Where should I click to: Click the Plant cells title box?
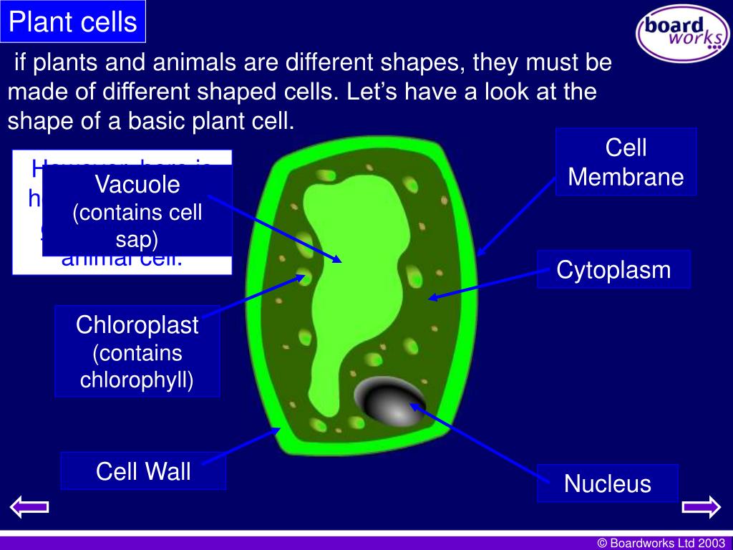pos(73,21)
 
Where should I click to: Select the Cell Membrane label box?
pos(626,162)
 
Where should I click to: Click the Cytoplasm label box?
pos(613,269)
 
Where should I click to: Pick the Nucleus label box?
pos(607,483)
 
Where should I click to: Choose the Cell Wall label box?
pos(143,471)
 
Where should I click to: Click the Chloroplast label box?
pos(137,352)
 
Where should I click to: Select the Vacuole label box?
pos(137,211)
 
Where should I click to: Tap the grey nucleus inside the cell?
pos(390,398)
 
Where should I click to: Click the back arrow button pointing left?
pos(29,507)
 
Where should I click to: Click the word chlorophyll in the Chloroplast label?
pos(136,379)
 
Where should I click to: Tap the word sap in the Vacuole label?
pos(137,238)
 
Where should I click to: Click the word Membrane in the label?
pos(626,176)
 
